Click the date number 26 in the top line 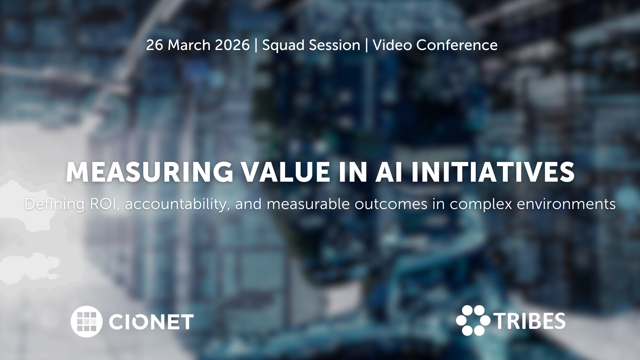(x=155, y=45)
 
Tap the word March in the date (x=189, y=45)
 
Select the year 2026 (x=232, y=45)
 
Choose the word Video (x=392, y=45)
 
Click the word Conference (x=457, y=45)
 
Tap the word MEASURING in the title (x=150, y=172)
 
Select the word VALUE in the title (x=286, y=172)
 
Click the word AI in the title (x=389, y=172)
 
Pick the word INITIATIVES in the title (x=493, y=172)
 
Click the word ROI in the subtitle (x=105, y=204)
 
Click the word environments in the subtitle (x=566, y=204)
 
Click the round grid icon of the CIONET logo (x=86, y=321)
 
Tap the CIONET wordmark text (x=151, y=322)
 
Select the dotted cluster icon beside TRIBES (x=473, y=320)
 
